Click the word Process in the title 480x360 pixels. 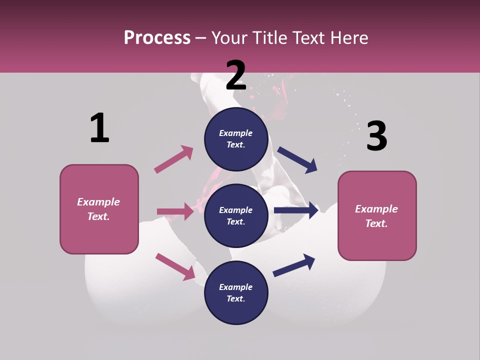[x=157, y=38]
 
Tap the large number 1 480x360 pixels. [x=99, y=128]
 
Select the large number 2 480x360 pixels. [x=236, y=75]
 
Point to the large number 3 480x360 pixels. [x=376, y=136]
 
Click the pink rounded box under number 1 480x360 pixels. [x=99, y=209]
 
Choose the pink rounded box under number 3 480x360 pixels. [x=377, y=216]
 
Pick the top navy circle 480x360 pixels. [x=236, y=139]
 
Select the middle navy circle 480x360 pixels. [x=236, y=216]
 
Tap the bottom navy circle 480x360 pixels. [x=236, y=293]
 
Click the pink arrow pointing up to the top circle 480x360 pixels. [x=173, y=159]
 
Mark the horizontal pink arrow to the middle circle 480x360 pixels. [x=175, y=211]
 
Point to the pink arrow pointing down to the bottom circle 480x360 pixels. [x=175, y=266]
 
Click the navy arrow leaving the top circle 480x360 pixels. [x=297, y=160]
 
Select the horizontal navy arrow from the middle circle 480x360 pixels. [x=296, y=210]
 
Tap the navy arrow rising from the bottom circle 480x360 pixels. [x=294, y=265]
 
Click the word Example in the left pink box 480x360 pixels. [x=98, y=202]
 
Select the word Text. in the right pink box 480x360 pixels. [x=376, y=223]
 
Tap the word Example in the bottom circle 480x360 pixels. [x=236, y=287]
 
